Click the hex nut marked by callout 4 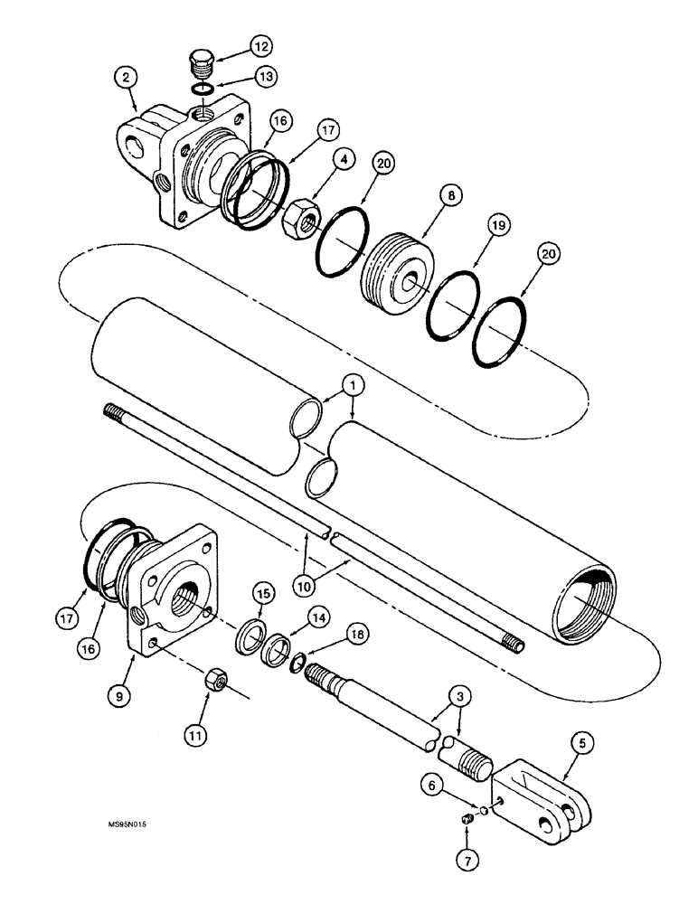(298, 219)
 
